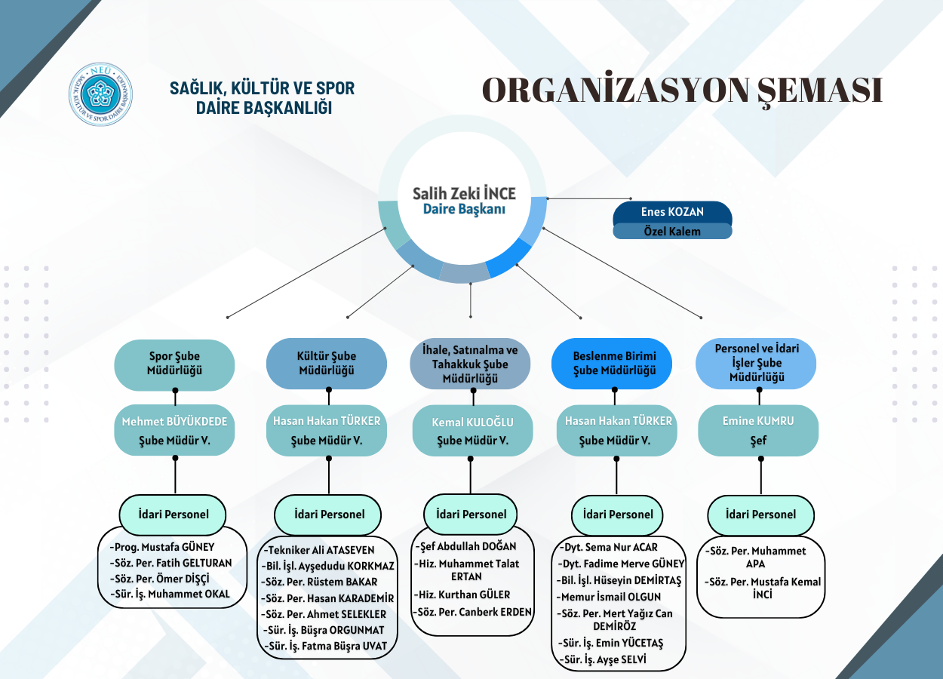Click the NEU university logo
100,94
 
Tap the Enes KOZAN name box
672,212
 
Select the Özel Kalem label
672,232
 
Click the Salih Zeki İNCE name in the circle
464,194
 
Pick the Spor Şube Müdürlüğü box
174,363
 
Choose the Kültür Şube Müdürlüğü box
327,363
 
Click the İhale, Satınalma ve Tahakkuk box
470,364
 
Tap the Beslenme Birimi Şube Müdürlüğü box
614,363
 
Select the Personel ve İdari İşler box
756,363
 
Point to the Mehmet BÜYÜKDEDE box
174,430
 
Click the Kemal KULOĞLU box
472,431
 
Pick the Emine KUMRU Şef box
758,430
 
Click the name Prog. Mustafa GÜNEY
163,547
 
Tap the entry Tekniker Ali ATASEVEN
320,550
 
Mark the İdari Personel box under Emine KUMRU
760,515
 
